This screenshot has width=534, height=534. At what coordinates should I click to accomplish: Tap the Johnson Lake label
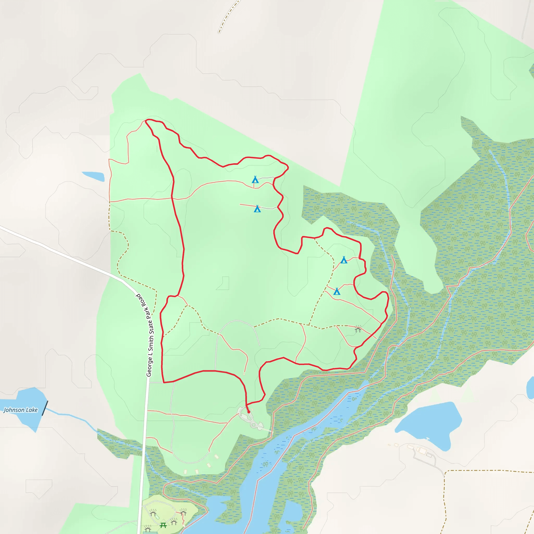point(20,410)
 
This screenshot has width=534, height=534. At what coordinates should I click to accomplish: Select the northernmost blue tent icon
point(255,180)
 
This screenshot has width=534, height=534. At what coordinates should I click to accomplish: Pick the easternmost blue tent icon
point(344,260)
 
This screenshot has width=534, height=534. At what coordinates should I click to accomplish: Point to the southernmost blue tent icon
point(337,291)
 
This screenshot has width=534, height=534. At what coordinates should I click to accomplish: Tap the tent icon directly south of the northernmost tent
point(257,209)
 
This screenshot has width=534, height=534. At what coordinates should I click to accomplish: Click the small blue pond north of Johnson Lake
point(93,176)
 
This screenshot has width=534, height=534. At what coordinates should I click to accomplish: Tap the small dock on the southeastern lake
point(428,439)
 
